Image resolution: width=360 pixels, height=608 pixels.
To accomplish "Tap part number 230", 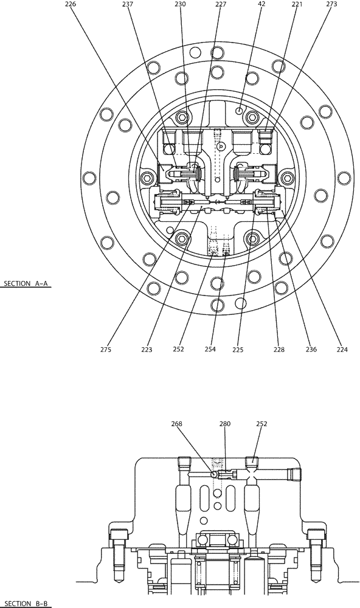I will [181, 4].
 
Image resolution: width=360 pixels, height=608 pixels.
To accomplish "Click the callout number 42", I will [261, 4].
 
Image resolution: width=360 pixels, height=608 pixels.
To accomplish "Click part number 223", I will [146, 350].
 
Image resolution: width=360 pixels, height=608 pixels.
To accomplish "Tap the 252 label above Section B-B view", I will [261, 424].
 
